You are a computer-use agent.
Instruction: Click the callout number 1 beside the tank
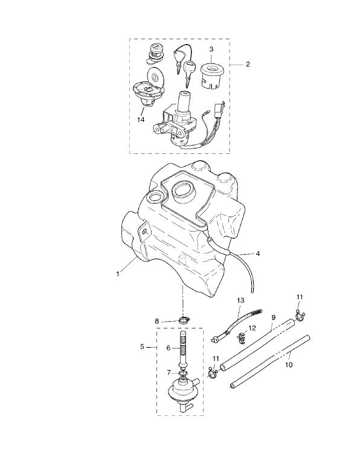tap(118, 273)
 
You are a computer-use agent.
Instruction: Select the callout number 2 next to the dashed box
tap(248, 63)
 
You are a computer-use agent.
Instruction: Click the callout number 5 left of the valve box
tap(142, 347)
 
